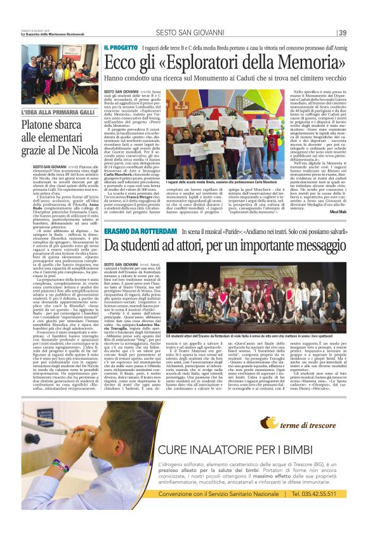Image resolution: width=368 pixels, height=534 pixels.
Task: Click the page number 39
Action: (x=342, y=33)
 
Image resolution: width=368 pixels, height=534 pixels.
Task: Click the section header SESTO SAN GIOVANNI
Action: (x=183, y=33)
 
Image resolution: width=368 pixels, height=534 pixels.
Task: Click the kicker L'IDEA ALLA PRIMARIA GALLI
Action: (x=57, y=112)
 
